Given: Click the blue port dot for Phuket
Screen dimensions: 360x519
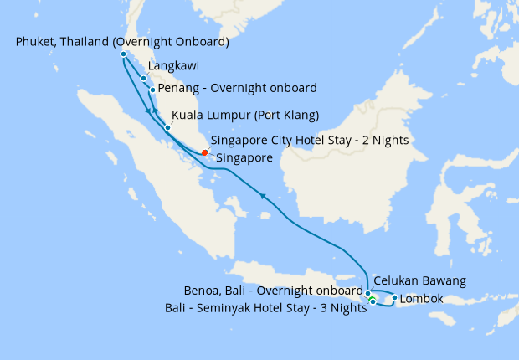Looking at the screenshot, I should click(x=123, y=54).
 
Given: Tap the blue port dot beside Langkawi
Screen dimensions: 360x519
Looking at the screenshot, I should click(x=144, y=78).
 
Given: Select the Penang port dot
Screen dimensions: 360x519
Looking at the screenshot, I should click(x=152, y=90).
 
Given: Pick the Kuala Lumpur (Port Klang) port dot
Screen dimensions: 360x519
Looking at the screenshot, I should click(x=167, y=127).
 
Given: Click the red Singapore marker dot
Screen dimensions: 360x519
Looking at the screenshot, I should click(x=205, y=152).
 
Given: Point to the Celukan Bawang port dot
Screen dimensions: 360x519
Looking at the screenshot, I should click(x=368, y=293).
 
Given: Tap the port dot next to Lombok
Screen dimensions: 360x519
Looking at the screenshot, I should click(x=394, y=297).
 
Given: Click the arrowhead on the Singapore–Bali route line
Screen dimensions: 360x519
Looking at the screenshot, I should click(x=263, y=196).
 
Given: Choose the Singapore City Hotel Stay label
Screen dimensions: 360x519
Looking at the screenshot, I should click(x=310, y=140).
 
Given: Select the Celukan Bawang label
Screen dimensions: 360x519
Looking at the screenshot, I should click(x=419, y=280).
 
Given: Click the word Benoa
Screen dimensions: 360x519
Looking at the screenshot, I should click(x=203, y=291).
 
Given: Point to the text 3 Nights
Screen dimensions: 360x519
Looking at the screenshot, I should click(x=342, y=307).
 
